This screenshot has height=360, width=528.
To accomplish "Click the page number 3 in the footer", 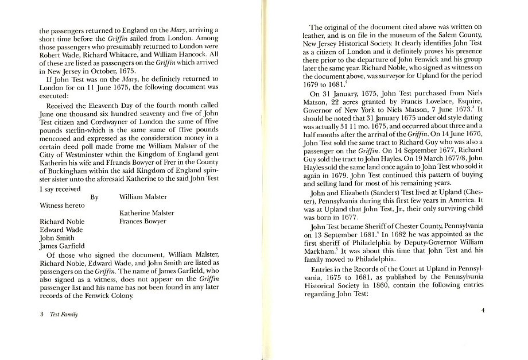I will [42, 315].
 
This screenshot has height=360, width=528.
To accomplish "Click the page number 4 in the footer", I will [483, 311].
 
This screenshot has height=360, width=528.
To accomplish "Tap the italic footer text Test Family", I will [64, 315].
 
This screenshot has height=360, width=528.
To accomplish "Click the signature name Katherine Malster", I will [146, 213].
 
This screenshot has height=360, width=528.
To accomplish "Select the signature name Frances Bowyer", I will [142, 221].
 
